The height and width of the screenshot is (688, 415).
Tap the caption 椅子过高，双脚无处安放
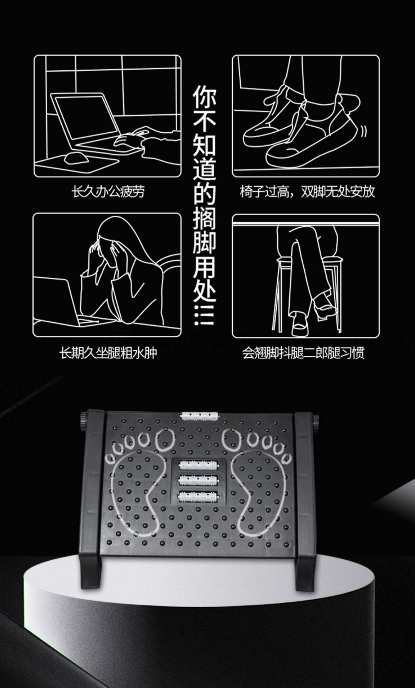point(307,192)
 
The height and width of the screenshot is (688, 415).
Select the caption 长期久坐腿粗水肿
point(108,353)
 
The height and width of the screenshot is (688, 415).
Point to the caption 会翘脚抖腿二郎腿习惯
point(303,353)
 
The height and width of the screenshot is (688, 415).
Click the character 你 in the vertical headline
point(204,97)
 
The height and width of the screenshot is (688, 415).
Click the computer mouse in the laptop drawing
point(76,158)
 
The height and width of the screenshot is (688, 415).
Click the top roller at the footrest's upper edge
point(199,415)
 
